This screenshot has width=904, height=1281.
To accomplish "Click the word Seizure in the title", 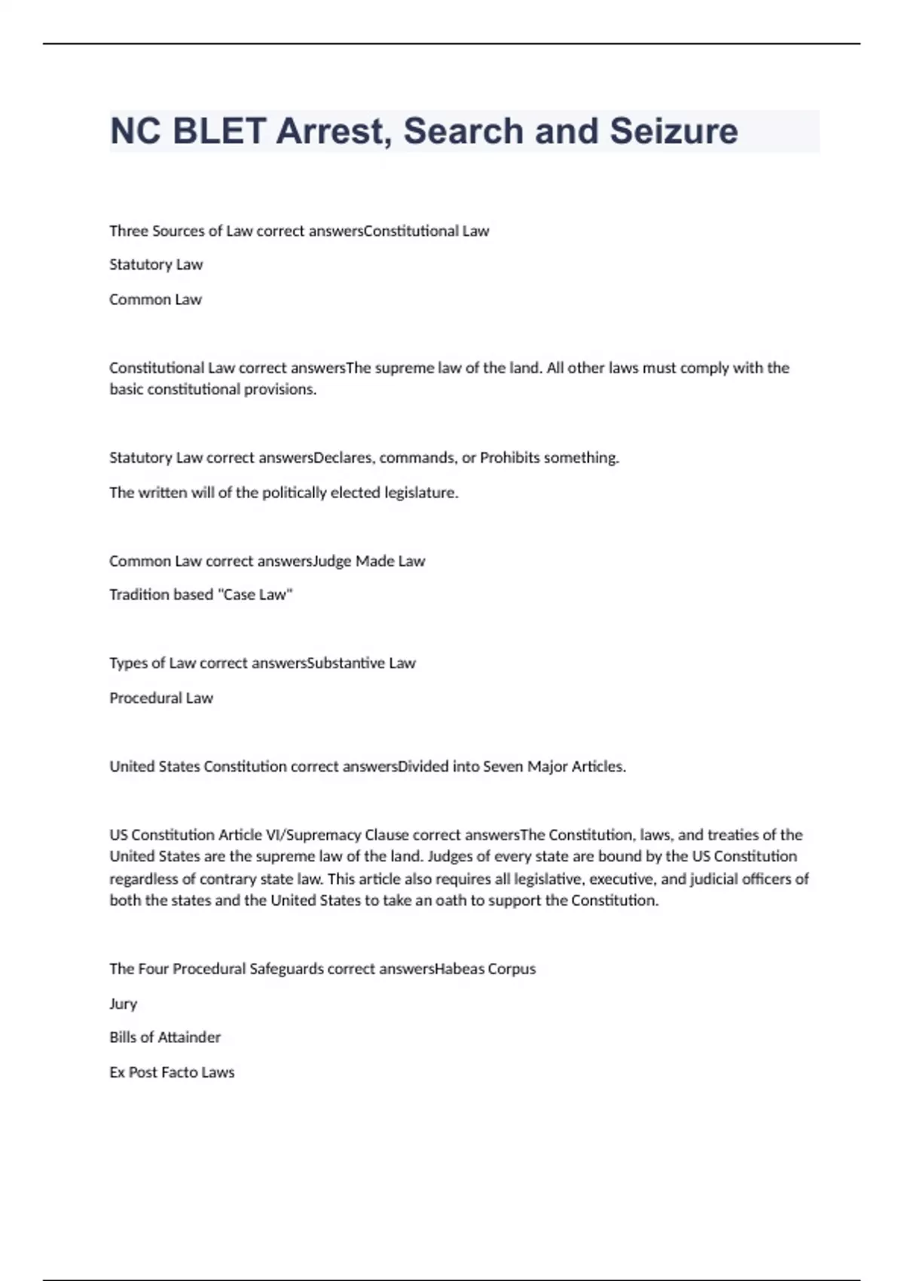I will click(673, 131).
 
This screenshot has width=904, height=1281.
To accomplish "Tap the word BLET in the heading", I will click(219, 131).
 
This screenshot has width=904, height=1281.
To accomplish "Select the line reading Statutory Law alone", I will click(156, 264).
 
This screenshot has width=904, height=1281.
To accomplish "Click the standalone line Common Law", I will click(155, 299).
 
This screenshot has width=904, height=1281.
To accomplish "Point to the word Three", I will click(128, 231).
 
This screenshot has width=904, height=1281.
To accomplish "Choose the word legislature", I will click(420, 492).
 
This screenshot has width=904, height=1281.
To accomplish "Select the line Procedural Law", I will click(161, 698).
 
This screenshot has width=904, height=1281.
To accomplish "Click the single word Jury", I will click(123, 1004).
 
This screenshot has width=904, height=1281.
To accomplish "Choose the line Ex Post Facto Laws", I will click(172, 1072).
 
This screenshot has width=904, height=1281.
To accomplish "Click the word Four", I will click(154, 968).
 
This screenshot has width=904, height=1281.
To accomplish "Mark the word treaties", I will click(733, 835).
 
